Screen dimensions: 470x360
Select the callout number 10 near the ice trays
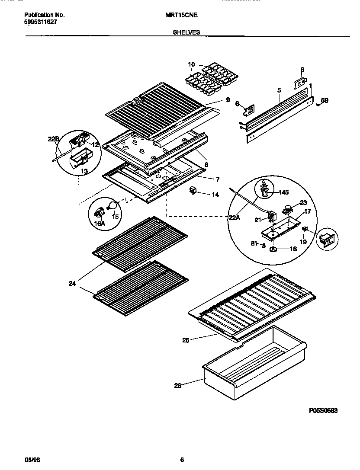click(x=191, y=64)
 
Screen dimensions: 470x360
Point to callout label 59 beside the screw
click(x=325, y=101)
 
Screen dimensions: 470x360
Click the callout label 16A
click(x=100, y=223)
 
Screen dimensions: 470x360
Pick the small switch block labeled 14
click(x=193, y=191)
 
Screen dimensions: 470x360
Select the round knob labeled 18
click(x=273, y=250)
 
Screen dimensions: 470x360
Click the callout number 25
click(x=187, y=341)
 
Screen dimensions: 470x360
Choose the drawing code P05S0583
click(x=323, y=410)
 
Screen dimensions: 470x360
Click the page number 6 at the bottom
click(x=182, y=460)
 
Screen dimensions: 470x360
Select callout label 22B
click(x=53, y=139)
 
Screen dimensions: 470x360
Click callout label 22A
click(x=234, y=218)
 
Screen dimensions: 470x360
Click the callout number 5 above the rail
click(x=279, y=90)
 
